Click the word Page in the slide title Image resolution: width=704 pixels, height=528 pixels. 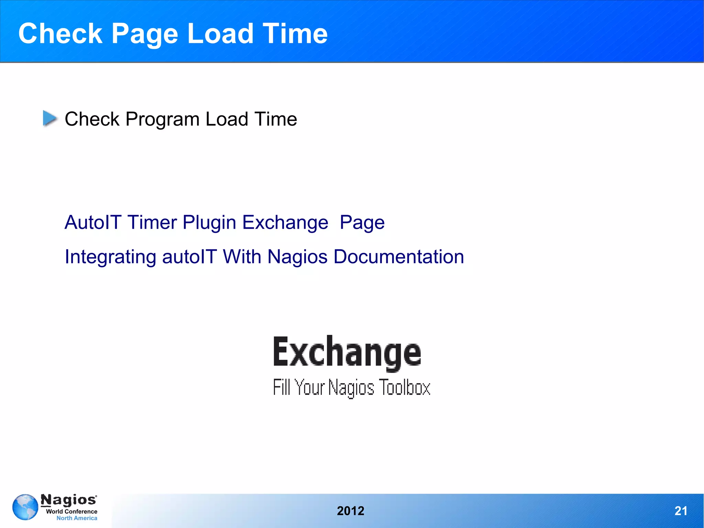145,34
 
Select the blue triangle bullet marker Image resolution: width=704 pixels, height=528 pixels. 50,118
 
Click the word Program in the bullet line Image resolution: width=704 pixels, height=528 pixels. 162,119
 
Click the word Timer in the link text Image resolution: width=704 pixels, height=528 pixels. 152,222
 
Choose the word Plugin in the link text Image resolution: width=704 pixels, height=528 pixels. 209,223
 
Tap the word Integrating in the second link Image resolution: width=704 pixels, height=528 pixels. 110,257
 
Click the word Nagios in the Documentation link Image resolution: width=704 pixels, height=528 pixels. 297,257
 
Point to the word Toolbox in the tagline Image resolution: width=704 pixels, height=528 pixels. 404,387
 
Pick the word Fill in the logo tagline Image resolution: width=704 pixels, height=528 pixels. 282,387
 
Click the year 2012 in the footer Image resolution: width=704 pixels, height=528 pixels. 350,511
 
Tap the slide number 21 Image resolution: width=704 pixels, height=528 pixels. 681,511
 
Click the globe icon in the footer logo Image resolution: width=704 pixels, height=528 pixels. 25,507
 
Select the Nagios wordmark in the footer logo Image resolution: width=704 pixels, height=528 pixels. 69,500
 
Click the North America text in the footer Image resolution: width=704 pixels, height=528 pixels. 77,518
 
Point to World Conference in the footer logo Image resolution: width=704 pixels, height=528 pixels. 71,511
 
